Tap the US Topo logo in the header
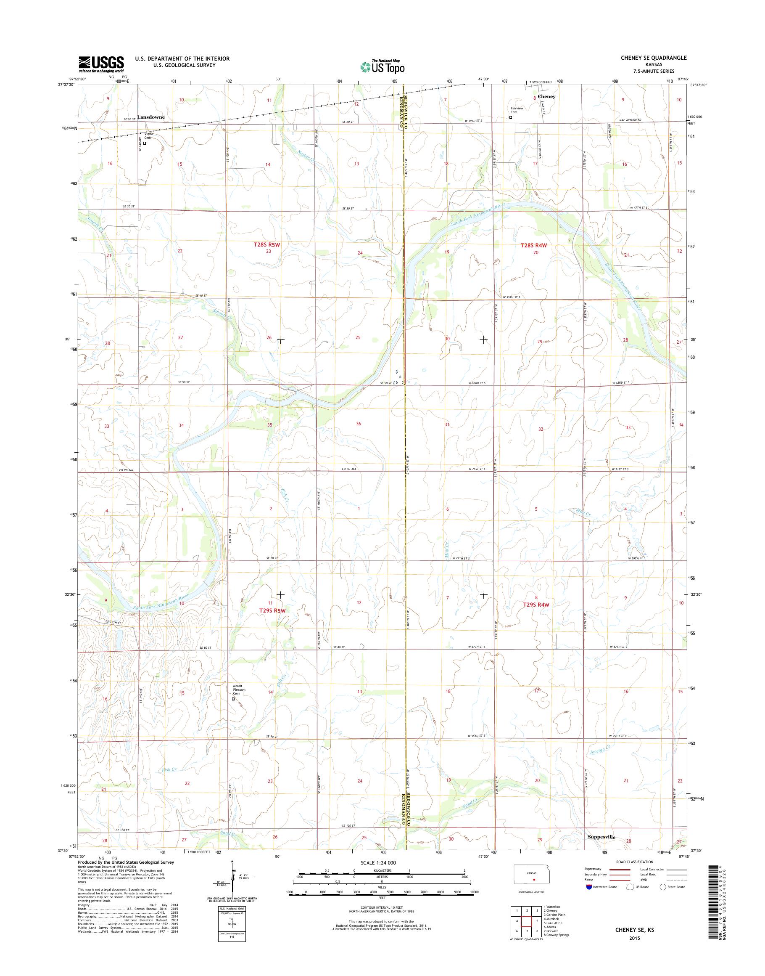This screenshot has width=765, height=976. [382, 67]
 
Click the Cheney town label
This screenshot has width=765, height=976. [546, 96]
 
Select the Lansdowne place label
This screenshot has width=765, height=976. [151, 117]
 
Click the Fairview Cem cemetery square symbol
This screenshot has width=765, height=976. [510, 118]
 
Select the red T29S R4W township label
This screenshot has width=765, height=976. [535, 605]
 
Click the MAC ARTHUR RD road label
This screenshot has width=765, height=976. [620, 120]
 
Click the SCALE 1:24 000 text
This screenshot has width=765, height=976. [378, 862]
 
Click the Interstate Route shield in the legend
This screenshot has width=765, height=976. [588, 887]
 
